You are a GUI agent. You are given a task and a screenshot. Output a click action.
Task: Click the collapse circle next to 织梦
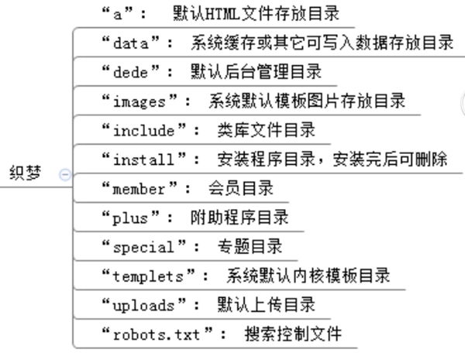tap(64, 175)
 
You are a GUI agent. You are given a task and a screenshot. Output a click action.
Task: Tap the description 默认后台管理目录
tap(256, 72)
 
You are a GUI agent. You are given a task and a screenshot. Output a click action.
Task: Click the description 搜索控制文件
tap(292, 334)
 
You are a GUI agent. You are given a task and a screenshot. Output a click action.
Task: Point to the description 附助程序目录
tap(239, 218)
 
